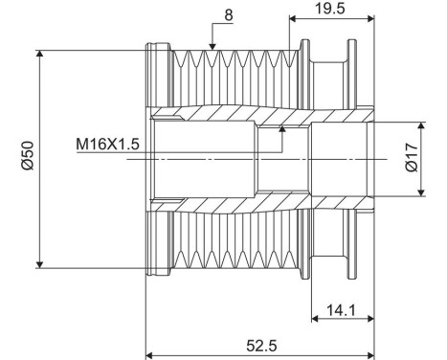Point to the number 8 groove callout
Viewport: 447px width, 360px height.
227,15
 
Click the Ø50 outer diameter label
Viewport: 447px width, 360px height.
28,156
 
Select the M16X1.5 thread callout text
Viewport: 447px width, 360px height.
108,144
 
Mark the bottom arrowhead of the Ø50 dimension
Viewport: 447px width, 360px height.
38,265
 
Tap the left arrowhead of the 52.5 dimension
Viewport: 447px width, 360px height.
149,353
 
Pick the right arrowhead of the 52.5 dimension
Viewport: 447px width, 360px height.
369,353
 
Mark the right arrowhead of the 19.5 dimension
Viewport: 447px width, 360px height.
369,18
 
